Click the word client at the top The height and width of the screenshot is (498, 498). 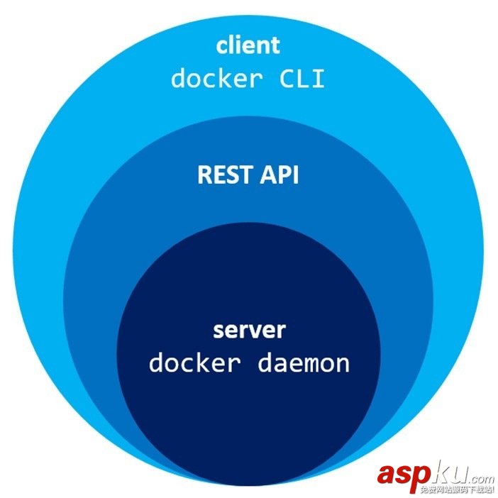[248, 46]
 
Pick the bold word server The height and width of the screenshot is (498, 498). [249, 331]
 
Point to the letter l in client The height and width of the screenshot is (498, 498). [231, 45]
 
